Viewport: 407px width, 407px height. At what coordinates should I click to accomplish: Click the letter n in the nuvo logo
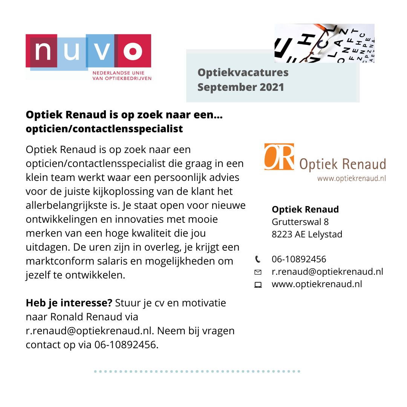(43, 52)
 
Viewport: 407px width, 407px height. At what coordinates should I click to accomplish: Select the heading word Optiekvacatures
(243, 72)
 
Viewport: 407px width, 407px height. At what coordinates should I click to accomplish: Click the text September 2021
(240, 87)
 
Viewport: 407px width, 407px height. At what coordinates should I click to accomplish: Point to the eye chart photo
(324, 43)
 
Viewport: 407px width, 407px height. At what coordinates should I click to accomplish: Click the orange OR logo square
(279, 156)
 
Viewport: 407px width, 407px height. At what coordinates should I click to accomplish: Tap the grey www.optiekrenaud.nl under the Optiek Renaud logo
(351, 178)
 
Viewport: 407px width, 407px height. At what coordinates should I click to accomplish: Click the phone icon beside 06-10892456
(258, 259)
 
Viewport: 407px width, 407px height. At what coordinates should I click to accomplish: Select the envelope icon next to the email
(258, 272)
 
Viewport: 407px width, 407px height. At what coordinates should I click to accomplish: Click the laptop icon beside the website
(258, 285)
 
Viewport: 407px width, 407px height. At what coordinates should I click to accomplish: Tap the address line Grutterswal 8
(300, 222)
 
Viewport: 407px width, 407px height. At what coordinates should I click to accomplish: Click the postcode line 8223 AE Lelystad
(307, 234)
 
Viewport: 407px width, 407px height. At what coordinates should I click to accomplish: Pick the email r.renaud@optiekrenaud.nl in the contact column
(327, 271)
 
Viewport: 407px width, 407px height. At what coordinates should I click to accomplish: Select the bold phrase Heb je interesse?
(69, 303)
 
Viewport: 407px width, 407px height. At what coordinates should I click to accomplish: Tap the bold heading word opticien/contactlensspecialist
(104, 129)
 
